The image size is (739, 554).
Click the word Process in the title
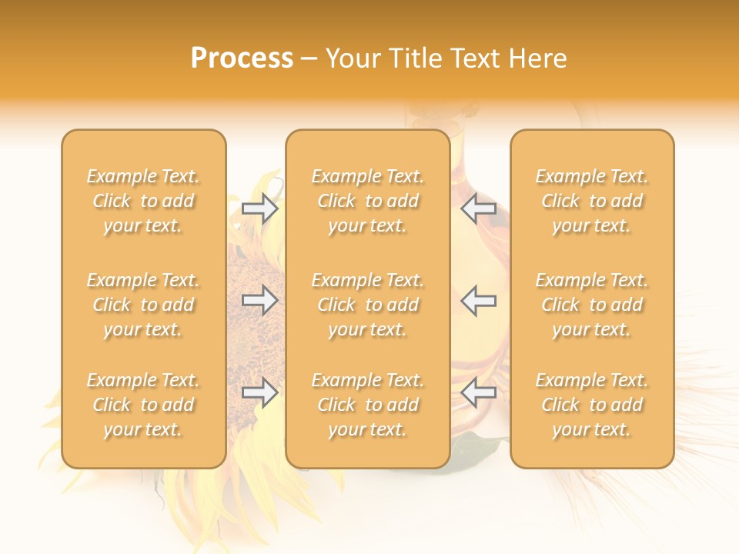[x=242, y=58]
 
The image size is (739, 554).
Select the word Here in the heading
[x=537, y=58]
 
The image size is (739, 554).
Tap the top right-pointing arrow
[x=259, y=208]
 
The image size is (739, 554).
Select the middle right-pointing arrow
[x=259, y=301]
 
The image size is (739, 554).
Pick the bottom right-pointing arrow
[x=259, y=393]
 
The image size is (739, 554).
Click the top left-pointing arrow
[x=479, y=208]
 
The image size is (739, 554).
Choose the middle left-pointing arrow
[x=479, y=301]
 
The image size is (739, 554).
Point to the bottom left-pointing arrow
[x=479, y=393]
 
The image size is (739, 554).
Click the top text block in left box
[x=143, y=201]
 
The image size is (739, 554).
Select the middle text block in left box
[x=143, y=305]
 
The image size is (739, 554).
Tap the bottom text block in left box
[x=143, y=405]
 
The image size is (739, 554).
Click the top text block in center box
[x=368, y=201]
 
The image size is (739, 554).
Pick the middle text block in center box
[x=368, y=305]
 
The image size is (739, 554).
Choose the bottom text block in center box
[x=368, y=405]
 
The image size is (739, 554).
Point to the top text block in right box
[x=592, y=201]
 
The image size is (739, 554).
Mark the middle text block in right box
[x=592, y=305]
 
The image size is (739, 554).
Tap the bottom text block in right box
[x=592, y=405]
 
